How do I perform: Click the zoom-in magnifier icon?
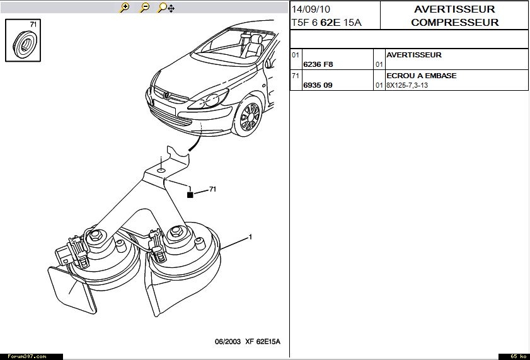pyautogui.click(x=125, y=8)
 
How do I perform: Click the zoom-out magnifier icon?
pyautogui.click(x=144, y=8)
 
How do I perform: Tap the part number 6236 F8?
pyautogui.click(x=318, y=64)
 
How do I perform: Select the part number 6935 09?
pyautogui.click(x=318, y=85)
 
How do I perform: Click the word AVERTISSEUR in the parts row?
pyautogui.click(x=413, y=55)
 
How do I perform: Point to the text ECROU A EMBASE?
pyautogui.click(x=421, y=76)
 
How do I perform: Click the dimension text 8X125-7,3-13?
pyautogui.click(x=406, y=85)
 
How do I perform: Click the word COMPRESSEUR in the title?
pyautogui.click(x=454, y=23)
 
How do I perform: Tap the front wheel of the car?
pyautogui.click(x=250, y=117)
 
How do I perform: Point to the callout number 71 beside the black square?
pyautogui.click(x=212, y=189)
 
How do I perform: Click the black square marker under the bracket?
pyautogui.click(x=190, y=195)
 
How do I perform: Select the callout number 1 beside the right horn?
pyautogui.click(x=250, y=237)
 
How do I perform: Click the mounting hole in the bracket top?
pyautogui.click(x=161, y=170)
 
